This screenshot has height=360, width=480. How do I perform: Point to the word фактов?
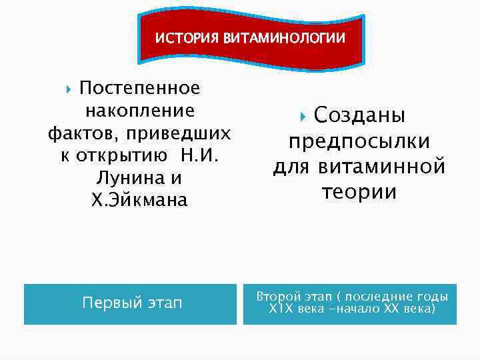80,134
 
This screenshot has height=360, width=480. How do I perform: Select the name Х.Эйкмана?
139,201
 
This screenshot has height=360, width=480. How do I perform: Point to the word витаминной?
381,167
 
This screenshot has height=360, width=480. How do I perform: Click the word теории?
359,192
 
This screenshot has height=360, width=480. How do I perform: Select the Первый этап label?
131,303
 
